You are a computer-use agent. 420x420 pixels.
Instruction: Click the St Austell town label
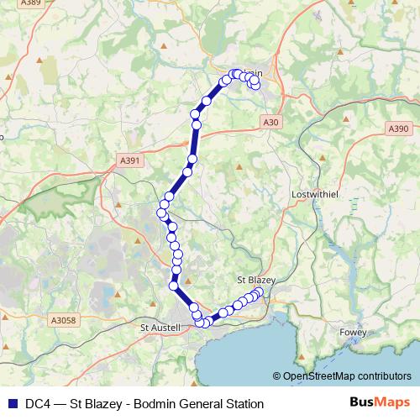(x=159, y=327)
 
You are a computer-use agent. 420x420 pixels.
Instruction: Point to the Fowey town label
(x=354, y=333)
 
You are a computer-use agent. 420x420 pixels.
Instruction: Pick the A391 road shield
(x=130, y=160)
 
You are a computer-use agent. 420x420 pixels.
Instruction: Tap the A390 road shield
(x=398, y=129)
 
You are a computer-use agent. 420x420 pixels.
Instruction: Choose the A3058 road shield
(x=63, y=320)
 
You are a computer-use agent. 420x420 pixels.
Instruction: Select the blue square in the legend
(x=11, y=403)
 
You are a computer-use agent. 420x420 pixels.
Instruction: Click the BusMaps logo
(x=379, y=402)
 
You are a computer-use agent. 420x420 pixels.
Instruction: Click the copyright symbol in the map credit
(x=278, y=376)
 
